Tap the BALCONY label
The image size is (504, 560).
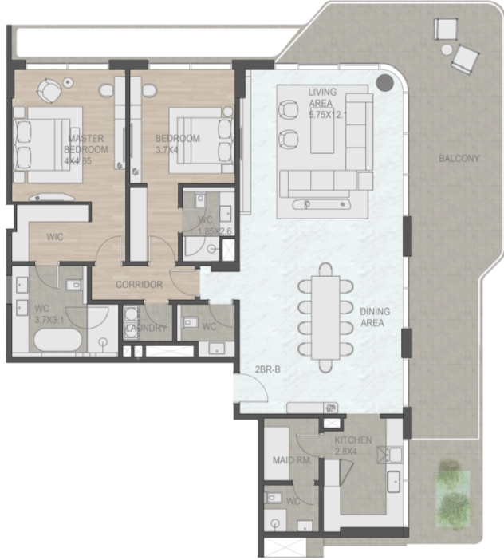(x=459, y=159)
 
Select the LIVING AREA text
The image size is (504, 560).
(x=322, y=97)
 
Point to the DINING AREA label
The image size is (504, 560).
(x=372, y=317)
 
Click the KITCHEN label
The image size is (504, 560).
(x=353, y=440)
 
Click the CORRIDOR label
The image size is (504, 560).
(x=139, y=285)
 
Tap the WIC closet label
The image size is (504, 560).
(x=55, y=237)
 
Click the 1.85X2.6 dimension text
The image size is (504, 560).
(x=215, y=231)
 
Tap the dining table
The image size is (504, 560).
(x=325, y=317)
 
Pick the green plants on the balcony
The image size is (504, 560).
(x=452, y=490)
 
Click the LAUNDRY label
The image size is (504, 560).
(x=147, y=329)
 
